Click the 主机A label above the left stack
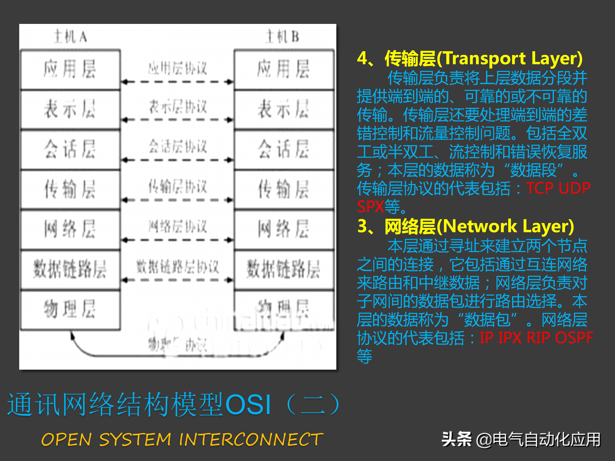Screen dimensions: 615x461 click(70, 37)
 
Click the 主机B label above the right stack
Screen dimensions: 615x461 click(283, 37)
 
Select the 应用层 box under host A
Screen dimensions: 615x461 click(70, 69)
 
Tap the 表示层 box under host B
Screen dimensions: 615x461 click(284, 109)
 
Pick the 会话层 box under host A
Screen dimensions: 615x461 click(70, 149)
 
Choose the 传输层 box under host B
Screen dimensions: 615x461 click(284, 189)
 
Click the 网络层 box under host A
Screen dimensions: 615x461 click(70, 229)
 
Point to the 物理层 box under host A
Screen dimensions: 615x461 click(70, 309)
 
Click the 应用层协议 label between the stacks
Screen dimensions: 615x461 click(178, 68)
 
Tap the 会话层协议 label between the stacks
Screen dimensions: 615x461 click(178, 146)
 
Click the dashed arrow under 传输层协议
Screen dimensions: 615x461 click(177, 200)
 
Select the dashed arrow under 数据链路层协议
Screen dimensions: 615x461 click(177, 280)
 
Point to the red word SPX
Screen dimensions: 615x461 click(370, 206)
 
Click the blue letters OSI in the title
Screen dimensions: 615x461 click(248, 405)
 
